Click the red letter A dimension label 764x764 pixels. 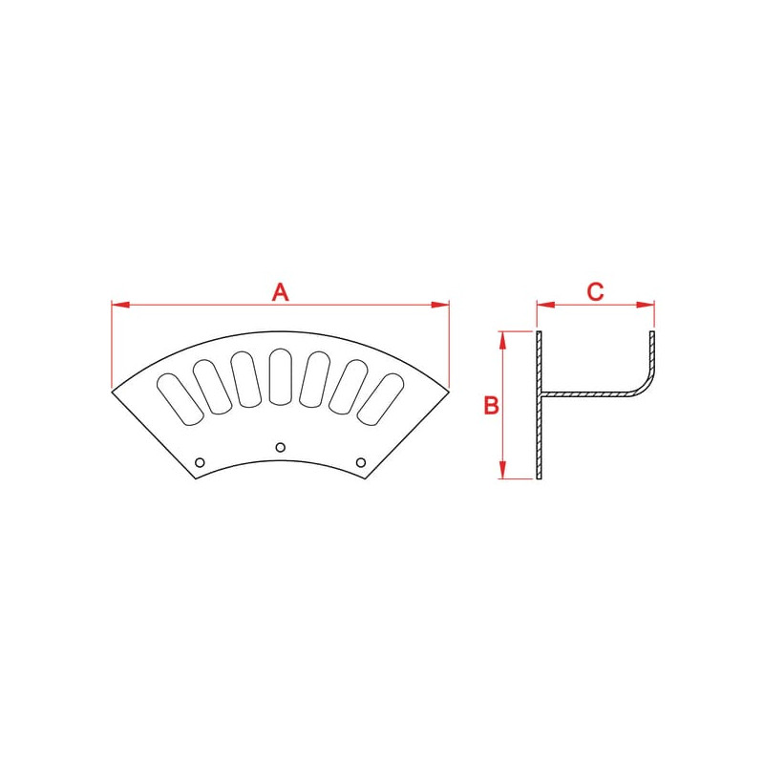(x=280, y=292)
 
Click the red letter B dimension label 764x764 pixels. (x=491, y=405)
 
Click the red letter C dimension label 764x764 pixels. (x=595, y=292)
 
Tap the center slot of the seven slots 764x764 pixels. (x=280, y=376)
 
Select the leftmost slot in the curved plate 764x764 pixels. (x=180, y=399)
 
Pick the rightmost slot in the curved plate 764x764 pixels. (x=380, y=398)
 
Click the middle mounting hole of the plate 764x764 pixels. (x=280, y=447)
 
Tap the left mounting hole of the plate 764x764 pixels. (x=200, y=462)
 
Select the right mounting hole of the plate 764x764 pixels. (x=361, y=462)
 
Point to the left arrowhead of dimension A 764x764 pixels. (x=120, y=305)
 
